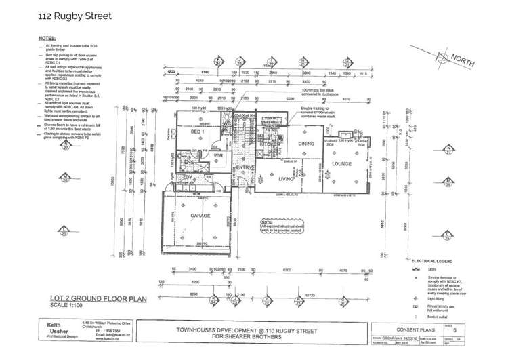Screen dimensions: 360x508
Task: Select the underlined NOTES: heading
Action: click(x=47, y=39)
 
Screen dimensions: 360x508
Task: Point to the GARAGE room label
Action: click(x=200, y=216)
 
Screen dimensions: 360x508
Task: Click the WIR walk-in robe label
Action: click(x=217, y=155)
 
